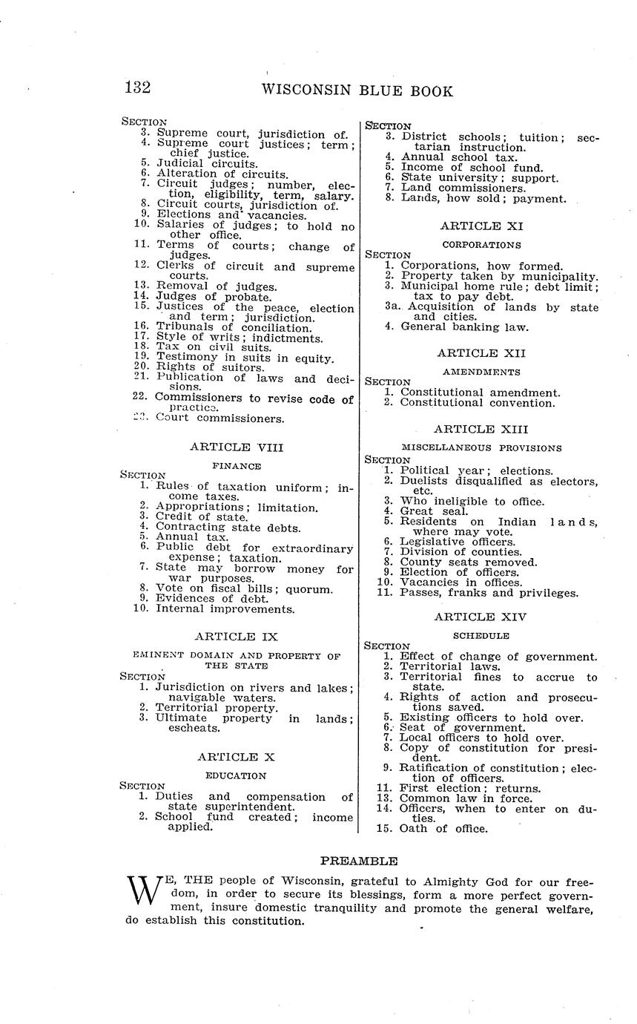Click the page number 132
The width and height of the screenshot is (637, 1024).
(x=138, y=88)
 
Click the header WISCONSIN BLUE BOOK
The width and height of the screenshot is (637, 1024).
(x=357, y=91)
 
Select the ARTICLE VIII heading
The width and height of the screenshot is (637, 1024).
(x=237, y=447)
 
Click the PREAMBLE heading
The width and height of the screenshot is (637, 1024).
(x=359, y=861)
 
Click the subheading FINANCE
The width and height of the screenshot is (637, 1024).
(x=236, y=466)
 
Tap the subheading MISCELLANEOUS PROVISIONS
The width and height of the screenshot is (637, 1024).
(x=481, y=447)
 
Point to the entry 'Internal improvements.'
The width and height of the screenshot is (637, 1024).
(x=224, y=609)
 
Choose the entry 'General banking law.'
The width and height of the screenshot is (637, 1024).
(x=464, y=326)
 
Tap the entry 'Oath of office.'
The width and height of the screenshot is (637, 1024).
(x=443, y=828)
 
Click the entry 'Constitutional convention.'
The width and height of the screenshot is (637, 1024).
(x=477, y=403)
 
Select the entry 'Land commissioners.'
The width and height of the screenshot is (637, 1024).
(x=463, y=188)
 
